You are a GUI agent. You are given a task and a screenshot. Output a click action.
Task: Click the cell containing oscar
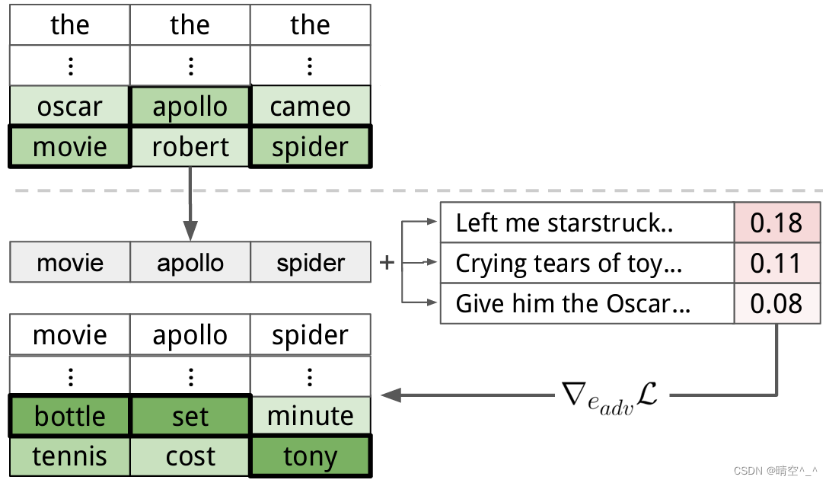pos(70,107)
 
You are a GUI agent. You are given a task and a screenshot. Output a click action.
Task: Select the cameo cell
pos(310,107)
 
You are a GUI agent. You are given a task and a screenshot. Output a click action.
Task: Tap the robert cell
pos(190,147)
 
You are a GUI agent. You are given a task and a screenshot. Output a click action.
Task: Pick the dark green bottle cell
pos(70,416)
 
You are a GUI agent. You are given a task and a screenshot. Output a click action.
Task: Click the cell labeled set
pos(190,416)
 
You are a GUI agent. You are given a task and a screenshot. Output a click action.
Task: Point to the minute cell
pos(310,416)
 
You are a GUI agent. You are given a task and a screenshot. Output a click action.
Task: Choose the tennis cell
pos(70,456)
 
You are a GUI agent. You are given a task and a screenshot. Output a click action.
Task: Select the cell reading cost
pos(190,456)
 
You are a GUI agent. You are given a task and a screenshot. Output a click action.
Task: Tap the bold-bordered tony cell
pos(310,456)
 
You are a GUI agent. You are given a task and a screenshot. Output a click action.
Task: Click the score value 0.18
pos(776,223)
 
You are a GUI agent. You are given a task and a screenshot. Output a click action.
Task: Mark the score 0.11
pos(776,264)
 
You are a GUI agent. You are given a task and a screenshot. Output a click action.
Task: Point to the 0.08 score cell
pos(776,304)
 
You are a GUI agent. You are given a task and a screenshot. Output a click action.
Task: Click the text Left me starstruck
pos(564,223)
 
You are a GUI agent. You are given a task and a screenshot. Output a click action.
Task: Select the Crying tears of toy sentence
pos(569,264)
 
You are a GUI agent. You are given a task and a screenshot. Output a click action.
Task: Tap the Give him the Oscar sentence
pos(572,304)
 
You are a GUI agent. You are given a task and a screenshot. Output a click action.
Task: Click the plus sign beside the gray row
pos(387,263)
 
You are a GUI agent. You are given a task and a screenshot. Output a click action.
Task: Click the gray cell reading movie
pos(70,263)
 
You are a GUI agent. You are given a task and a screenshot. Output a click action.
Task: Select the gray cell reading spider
pos(310,263)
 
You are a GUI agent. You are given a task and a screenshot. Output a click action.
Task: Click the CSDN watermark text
pos(776,471)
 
